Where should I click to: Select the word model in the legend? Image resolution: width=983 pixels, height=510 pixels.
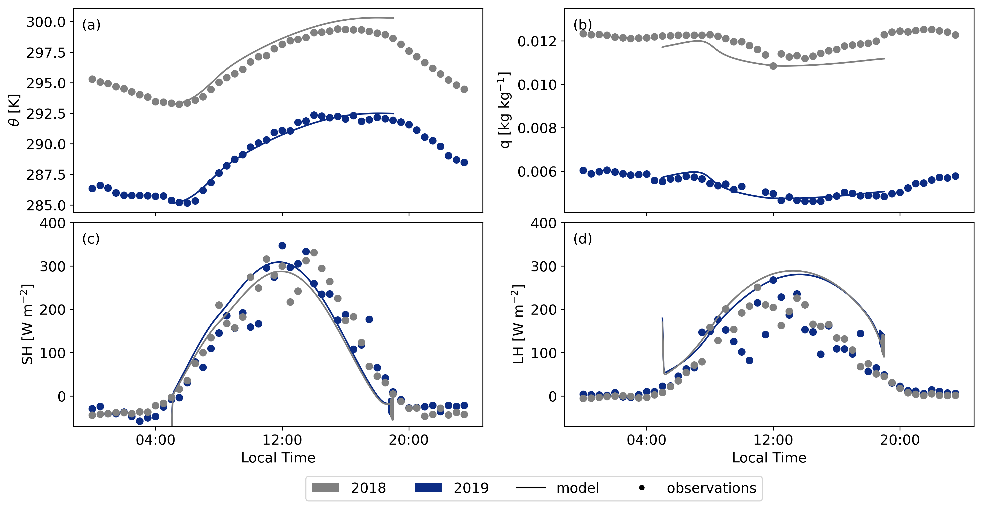coord(577,488)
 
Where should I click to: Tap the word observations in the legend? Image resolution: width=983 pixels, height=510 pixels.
coord(711,488)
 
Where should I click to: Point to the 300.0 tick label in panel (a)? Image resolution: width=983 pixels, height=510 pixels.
coord(46,22)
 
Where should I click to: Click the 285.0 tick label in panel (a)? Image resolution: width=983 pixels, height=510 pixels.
coord(46,205)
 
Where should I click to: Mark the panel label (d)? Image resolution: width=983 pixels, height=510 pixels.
coord(582,239)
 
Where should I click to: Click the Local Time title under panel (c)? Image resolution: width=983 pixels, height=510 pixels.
coord(278,458)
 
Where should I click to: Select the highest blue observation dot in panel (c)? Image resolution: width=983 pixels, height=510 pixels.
coord(282,246)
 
